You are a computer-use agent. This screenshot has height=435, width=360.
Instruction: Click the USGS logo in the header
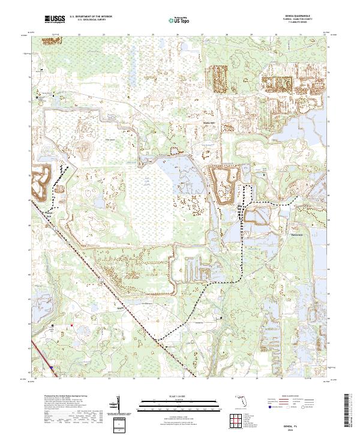point(53,20)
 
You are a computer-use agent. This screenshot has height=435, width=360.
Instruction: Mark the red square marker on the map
point(71,326)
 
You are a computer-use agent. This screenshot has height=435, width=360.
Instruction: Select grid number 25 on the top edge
point(153,35)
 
